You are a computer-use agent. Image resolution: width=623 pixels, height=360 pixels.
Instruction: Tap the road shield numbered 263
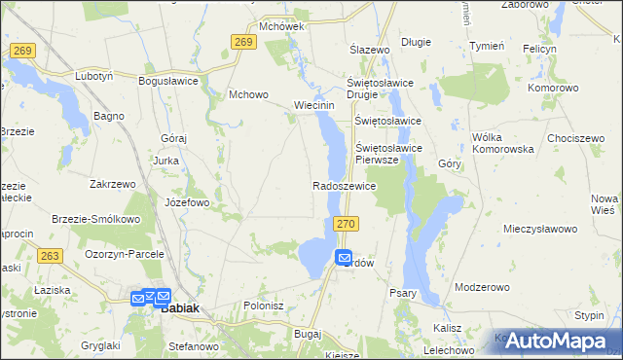52,256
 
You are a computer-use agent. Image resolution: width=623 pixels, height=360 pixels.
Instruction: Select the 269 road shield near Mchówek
243,41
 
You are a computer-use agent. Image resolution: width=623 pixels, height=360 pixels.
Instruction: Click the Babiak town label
179,307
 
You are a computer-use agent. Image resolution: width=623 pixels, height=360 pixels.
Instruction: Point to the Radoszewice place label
344,185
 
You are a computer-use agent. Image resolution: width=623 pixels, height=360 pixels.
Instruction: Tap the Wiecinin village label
314,105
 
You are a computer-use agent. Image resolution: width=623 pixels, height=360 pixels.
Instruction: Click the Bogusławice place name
168,82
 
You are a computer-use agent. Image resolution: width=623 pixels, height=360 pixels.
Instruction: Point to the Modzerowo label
483,288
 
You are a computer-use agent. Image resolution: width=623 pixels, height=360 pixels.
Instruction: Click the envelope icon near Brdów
344,258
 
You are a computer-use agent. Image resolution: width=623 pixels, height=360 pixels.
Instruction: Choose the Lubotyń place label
94,75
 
